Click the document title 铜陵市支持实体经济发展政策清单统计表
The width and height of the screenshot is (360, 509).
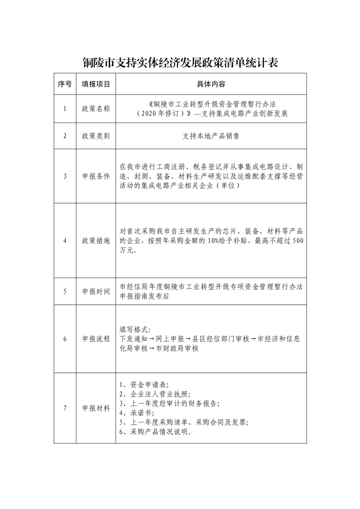(180, 63)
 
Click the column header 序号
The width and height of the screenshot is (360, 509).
(65, 84)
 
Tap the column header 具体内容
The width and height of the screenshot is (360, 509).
(211, 84)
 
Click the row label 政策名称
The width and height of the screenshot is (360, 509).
(96, 108)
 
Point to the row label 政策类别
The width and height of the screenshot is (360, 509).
(96, 136)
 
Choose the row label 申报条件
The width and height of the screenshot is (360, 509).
(96, 176)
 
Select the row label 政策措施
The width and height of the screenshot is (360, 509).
(96, 240)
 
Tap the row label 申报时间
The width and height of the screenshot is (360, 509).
(96, 291)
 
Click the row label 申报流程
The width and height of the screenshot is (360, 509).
(96, 339)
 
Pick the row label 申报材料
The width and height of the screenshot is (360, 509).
(96, 408)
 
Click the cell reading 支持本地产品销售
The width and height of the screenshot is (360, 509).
(211, 136)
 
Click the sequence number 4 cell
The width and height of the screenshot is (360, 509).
(65, 240)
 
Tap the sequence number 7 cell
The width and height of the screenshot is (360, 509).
(65, 408)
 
